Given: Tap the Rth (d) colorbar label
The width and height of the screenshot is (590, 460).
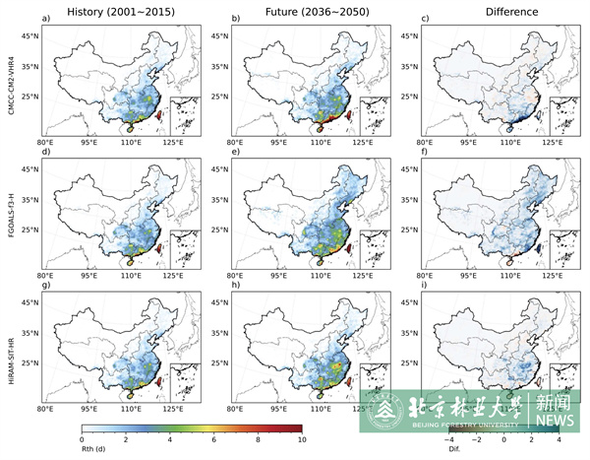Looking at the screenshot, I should click(94, 451).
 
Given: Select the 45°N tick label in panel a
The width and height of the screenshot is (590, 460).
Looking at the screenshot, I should click(30, 36).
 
